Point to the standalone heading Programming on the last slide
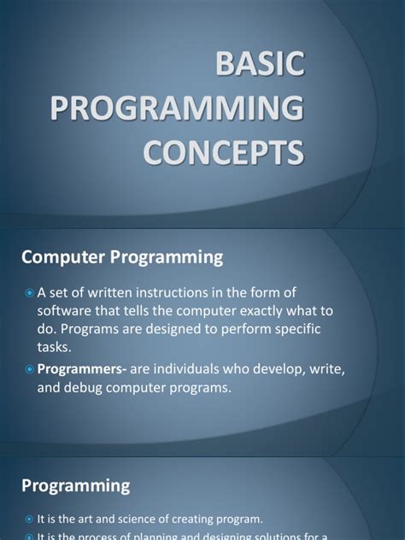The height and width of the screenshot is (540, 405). tap(76, 485)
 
